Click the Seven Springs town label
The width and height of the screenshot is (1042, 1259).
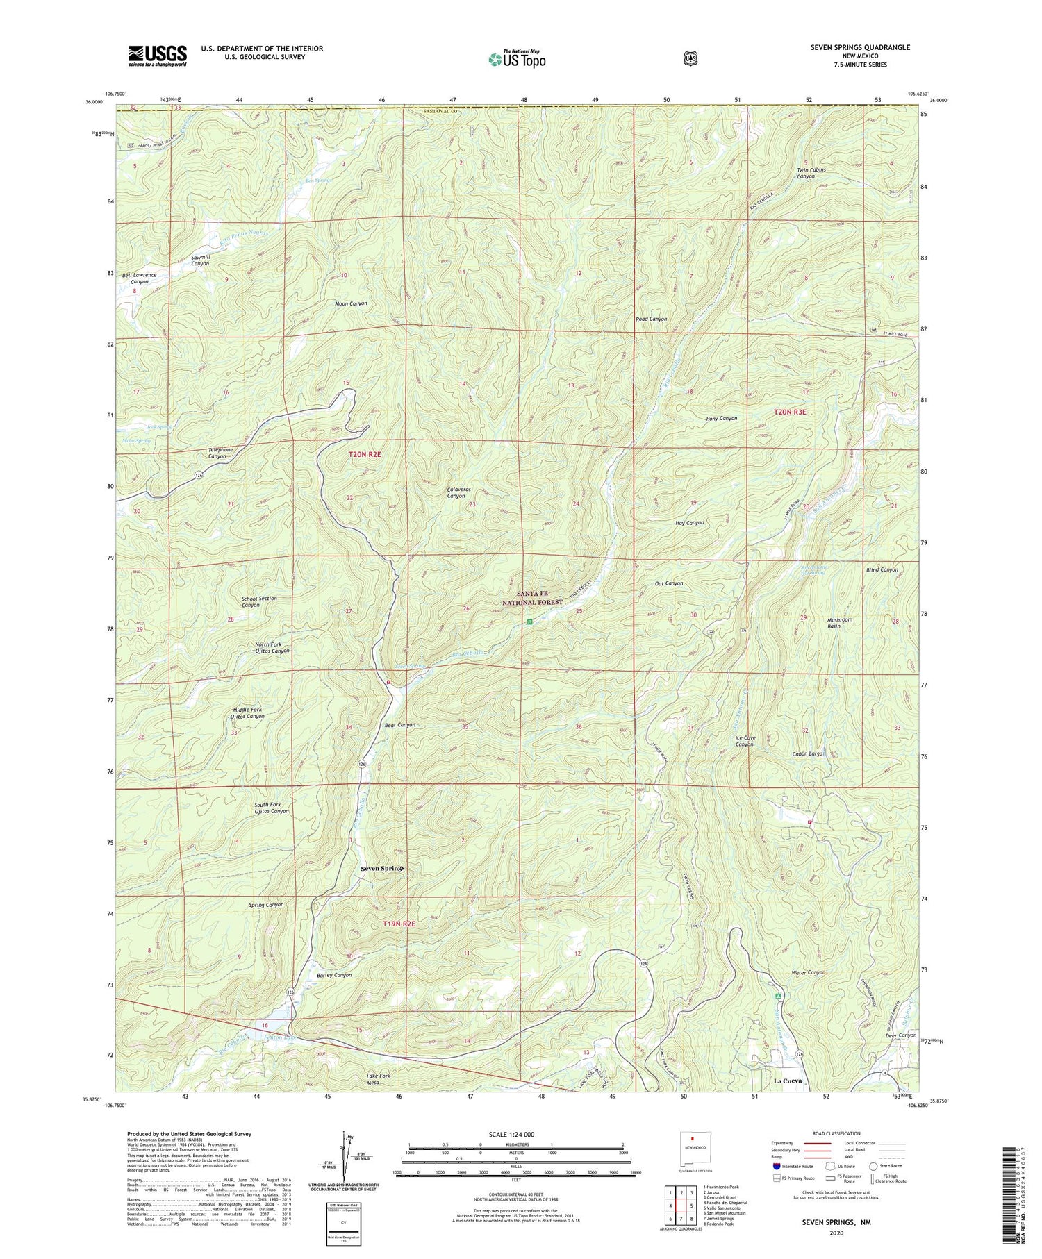point(382,868)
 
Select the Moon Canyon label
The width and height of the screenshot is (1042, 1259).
point(351,303)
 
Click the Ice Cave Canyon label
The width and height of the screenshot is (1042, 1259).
point(745,741)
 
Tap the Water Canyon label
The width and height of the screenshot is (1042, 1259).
point(809,972)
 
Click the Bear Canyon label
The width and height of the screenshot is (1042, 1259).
point(400,724)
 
